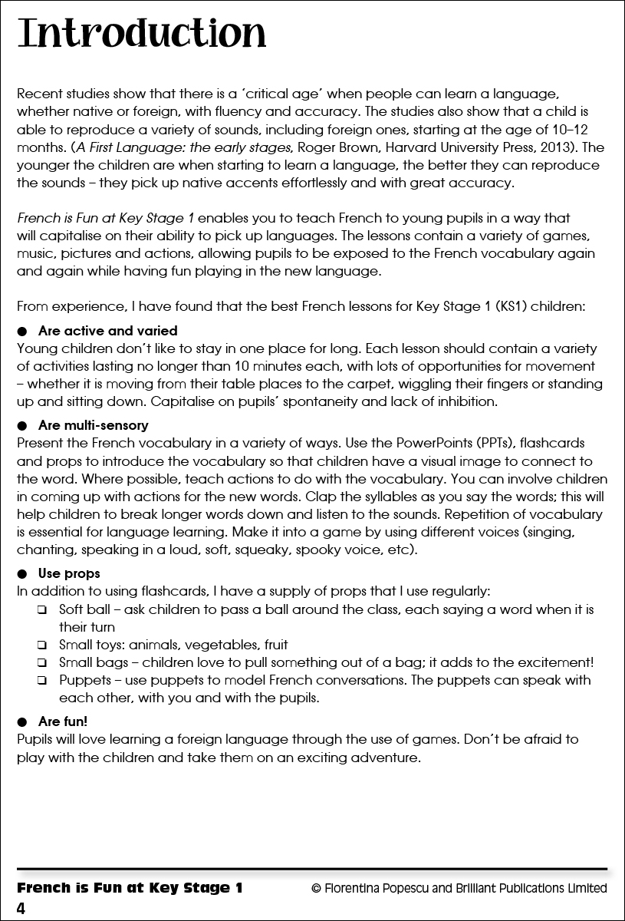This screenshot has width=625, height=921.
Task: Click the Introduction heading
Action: [x=142, y=35]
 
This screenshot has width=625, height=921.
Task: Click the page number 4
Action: [x=21, y=909]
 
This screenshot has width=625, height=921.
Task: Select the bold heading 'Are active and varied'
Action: [x=107, y=331]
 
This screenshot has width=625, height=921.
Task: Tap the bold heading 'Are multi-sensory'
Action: [x=93, y=425]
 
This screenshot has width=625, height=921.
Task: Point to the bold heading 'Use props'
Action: [x=69, y=573]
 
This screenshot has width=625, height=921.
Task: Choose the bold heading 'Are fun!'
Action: [x=63, y=721]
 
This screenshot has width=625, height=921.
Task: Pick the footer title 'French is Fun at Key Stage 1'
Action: [x=130, y=888]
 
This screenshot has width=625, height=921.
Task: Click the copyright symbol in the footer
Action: [x=316, y=888]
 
